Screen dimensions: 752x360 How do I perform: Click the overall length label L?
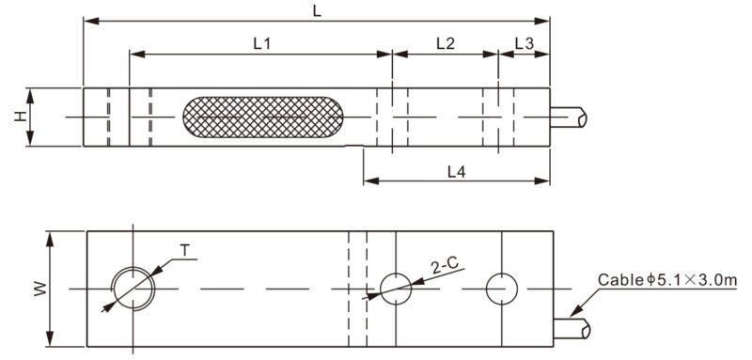click(317, 11)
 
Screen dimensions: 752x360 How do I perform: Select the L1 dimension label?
click(262, 43)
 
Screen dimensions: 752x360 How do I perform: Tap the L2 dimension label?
click(446, 43)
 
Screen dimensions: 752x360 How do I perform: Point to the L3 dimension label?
click(525, 43)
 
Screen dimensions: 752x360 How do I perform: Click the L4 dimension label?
click(457, 171)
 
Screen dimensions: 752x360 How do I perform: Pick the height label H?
click(20, 117)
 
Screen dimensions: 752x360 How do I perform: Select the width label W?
click(40, 289)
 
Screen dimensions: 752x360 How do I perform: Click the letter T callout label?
click(184, 250)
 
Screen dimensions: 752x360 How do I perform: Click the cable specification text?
click(667, 279)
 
